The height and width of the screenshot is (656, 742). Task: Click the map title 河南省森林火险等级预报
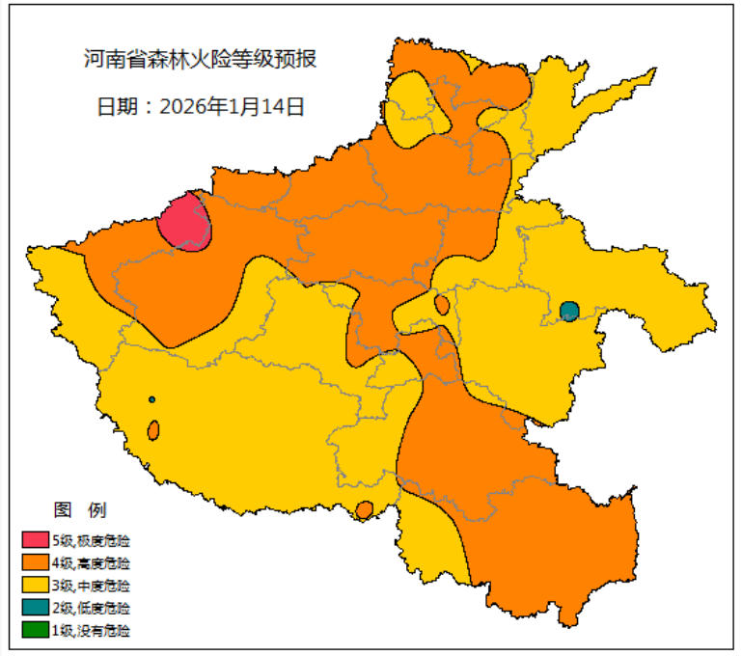[200, 59]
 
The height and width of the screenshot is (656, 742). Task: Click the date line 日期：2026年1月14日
[201, 106]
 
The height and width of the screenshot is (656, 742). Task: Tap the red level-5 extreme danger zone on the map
[184, 223]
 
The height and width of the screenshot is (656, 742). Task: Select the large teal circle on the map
[569, 312]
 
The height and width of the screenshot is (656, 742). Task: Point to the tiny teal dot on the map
[151, 399]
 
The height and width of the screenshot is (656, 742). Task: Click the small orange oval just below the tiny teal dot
[153, 430]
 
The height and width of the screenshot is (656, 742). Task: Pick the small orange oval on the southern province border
[365, 510]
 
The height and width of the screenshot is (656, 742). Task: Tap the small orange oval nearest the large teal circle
[442, 305]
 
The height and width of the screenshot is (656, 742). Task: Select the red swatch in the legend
[36, 538]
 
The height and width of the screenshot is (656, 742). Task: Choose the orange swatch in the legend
[36, 561]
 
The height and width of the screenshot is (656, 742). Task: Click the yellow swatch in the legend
[36, 585]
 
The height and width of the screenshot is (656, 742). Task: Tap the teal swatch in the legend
[36, 608]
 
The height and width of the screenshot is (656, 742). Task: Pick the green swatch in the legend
[36, 631]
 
